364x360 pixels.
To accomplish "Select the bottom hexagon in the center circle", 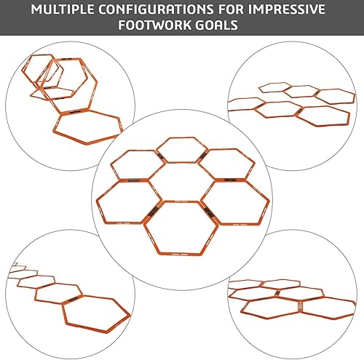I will click(x=181, y=225).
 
